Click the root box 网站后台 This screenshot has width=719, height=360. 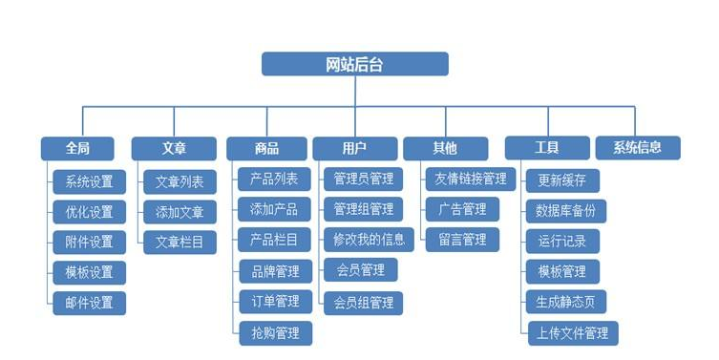[x=355, y=64]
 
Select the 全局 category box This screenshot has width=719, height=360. [x=77, y=148]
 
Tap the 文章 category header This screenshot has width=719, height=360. [x=174, y=148]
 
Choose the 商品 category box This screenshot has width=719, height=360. [x=266, y=148]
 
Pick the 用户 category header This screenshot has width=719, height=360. [x=355, y=148]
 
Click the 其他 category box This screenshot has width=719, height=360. [x=445, y=148]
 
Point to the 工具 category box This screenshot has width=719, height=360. [x=547, y=148]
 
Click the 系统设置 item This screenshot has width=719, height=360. [x=89, y=181]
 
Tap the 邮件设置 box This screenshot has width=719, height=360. [x=89, y=303]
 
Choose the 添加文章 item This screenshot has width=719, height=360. [x=180, y=211]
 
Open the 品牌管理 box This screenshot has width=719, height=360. [x=275, y=271]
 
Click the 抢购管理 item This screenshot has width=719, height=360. [x=275, y=332]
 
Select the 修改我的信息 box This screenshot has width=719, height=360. [x=364, y=239]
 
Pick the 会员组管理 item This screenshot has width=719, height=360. [x=364, y=303]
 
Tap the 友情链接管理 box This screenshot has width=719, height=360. [x=470, y=179]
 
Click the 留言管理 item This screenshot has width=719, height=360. [x=462, y=239]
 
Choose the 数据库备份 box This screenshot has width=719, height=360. [x=566, y=210]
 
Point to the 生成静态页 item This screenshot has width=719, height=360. [x=566, y=302]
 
